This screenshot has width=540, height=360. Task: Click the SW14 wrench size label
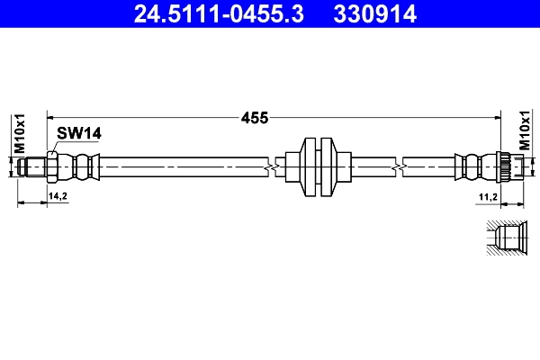[x=78, y=133]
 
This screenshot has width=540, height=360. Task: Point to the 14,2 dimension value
[x=58, y=195]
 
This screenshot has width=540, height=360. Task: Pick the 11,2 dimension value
[x=487, y=195]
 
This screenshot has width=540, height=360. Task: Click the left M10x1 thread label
[x=19, y=132]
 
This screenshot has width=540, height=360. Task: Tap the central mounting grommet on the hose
[x=319, y=166]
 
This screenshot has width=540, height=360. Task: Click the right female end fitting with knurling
[x=510, y=166]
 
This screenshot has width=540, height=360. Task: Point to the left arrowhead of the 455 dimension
[x=50, y=116]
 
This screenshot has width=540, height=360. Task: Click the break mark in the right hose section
[x=399, y=166]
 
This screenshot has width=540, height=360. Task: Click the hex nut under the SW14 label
[x=54, y=166]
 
